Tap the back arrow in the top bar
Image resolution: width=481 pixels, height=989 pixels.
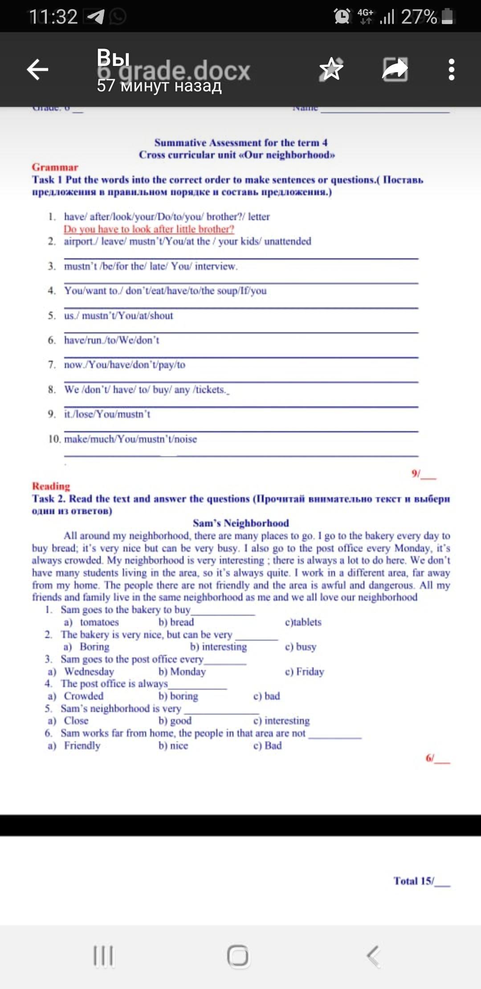click(37, 69)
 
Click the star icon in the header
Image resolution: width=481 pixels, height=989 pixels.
click(331, 69)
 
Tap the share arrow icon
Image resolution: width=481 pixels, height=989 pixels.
click(395, 69)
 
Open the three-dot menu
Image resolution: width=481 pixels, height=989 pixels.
click(451, 69)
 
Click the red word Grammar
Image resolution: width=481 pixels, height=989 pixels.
click(55, 167)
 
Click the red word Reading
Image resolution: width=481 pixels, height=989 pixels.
click(51, 486)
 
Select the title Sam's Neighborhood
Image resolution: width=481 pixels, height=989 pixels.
click(240, 523)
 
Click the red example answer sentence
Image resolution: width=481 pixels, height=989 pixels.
click(148, 229)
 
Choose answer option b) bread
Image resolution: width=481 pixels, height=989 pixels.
click(176, 622)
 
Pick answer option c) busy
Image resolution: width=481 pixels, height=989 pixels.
click(301, 646)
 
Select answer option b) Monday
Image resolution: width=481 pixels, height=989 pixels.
click(182, 671)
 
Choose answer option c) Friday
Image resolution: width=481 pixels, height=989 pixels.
click(304, 671)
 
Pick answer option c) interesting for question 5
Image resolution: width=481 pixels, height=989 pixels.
click(281, 720)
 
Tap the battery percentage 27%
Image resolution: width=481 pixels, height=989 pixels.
click(419, 17)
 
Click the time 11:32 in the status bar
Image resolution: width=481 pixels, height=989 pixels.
click(53, 17)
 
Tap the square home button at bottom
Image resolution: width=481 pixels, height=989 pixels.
click(238, 956)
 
